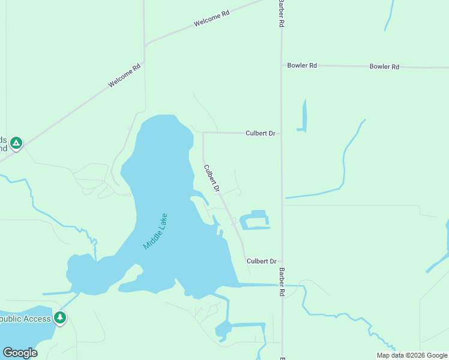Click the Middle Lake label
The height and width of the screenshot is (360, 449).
[x=155, y=232]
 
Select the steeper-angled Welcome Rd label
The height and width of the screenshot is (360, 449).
[x=124, y=76]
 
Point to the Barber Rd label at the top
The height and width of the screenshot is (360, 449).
[x=280, y=13]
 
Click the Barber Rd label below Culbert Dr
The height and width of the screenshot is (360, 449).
[x=281, y=282]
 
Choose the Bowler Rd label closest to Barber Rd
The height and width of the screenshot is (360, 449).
[x=302, y=65]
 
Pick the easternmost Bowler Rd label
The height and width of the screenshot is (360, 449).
[x=384, y=67]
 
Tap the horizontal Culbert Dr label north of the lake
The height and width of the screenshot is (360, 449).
[x=260, y=133]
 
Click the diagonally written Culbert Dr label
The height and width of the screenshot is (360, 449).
[x=212, y=179]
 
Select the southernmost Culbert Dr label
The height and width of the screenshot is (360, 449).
[x=261, y=261]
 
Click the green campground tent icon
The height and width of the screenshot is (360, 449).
[x=16, y=143]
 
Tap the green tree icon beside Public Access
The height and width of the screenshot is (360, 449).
[x=60, y=318]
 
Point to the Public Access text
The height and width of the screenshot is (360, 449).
[x=25, y=319]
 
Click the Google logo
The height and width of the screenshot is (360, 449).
[x=20, y=353]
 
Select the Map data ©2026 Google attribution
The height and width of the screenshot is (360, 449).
[x=411, y=355]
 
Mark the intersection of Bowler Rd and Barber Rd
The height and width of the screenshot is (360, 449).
[x=282, y=65]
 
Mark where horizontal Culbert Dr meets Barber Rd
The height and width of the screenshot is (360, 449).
[x=282, y=133]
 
